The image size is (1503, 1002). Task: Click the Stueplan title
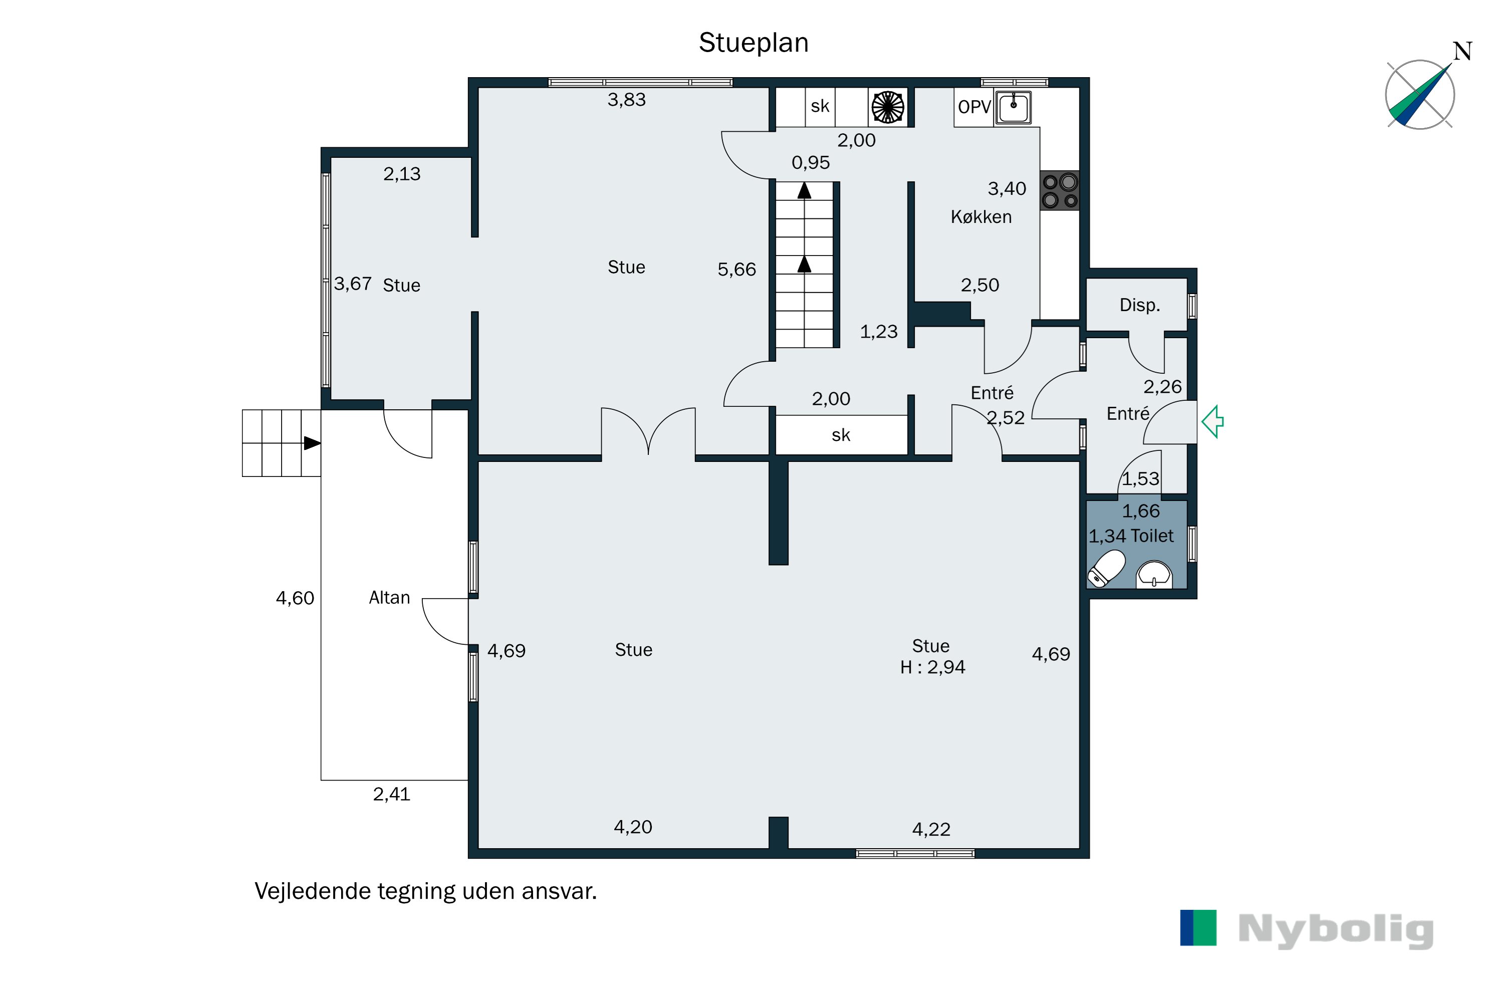click(x=754, y=43)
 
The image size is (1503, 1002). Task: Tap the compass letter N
click(x=1463, y=51)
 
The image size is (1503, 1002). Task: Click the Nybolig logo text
click(x=1336, y=930)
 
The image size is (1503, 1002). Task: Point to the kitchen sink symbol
click(x=1014, y=107)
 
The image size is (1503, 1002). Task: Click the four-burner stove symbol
click(x=1060, y=191)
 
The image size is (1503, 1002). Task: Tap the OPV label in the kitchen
click(x=974, y=107)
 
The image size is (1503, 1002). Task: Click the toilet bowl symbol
click(x=1106, y=568)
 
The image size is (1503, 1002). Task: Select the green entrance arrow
click(x=1212, y=422)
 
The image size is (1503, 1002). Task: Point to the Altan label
click(x=389, y=598)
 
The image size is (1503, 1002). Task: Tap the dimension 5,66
click(x=736, y=270)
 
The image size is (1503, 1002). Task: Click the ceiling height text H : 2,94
click(x=932, y=667)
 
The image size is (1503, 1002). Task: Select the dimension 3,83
click(x=626, y=100)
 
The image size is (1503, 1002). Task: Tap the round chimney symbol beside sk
click(x=888, y=107)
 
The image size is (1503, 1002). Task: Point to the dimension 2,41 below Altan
click(x=391, y=794)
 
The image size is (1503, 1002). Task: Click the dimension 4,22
click(x=931, y=830)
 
